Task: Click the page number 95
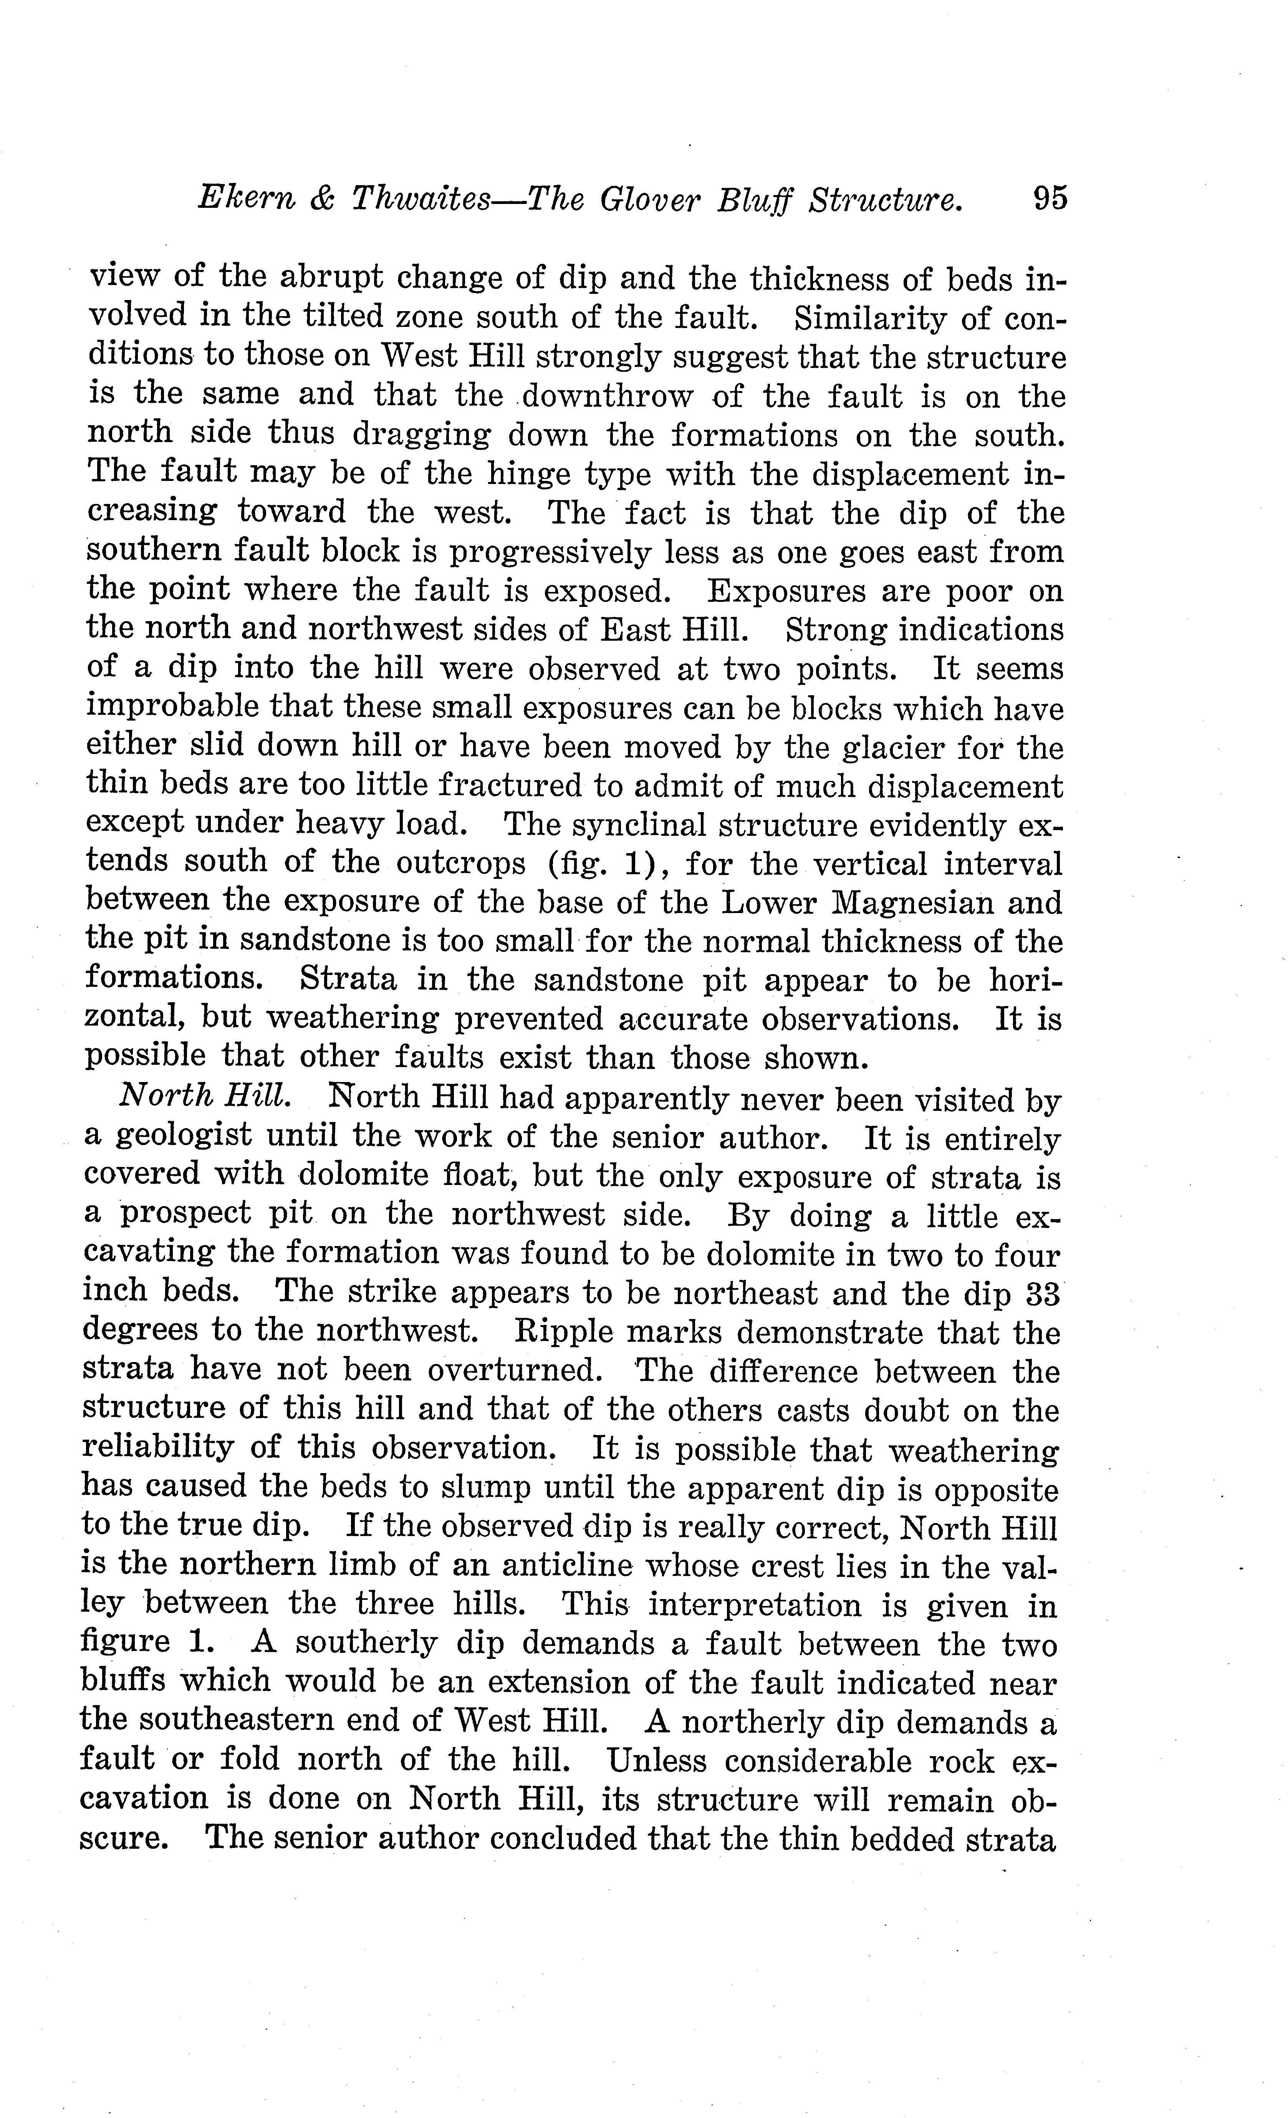point(1050,199)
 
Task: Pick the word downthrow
point(607,396)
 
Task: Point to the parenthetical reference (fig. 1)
point(601,863)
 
